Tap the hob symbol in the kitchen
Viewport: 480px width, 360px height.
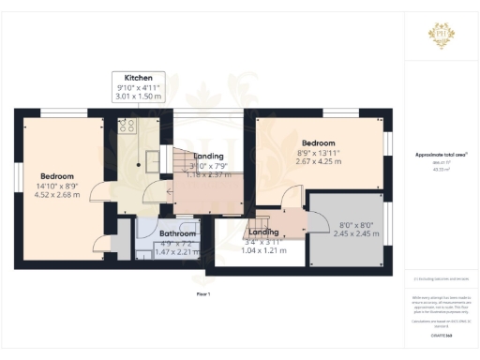pyautogui.click(x=127, y=125)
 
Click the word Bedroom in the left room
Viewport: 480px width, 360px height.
pyautogui.click(x=57, y=175)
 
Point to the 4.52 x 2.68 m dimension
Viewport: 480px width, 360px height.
pyautogui.click(x=58, y=195)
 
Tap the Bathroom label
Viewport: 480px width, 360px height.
pyautogui.click(x=176, y=232)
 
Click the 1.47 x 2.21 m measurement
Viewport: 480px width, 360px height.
pyautogui.click(x=176, y=251)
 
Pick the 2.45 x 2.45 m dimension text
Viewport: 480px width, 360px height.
pyautogui.click(x=343, y=233)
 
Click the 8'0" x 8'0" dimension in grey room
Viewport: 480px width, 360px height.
pyautogui.click(x=343, y=224)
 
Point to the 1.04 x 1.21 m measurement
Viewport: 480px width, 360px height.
pyautogui.click(x=262, y=250)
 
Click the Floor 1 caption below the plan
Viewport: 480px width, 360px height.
pyautogui.click(x=203, y=294)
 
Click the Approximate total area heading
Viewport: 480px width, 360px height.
pyautogui.click(x=441, y=155)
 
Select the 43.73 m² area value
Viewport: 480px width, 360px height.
pyautogui.click(x=441, y=169)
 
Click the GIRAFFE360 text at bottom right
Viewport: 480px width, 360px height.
pyautogui.click(x=441, y=334)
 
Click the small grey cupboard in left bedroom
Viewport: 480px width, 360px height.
pyautogui.click(x=119, y=247)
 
